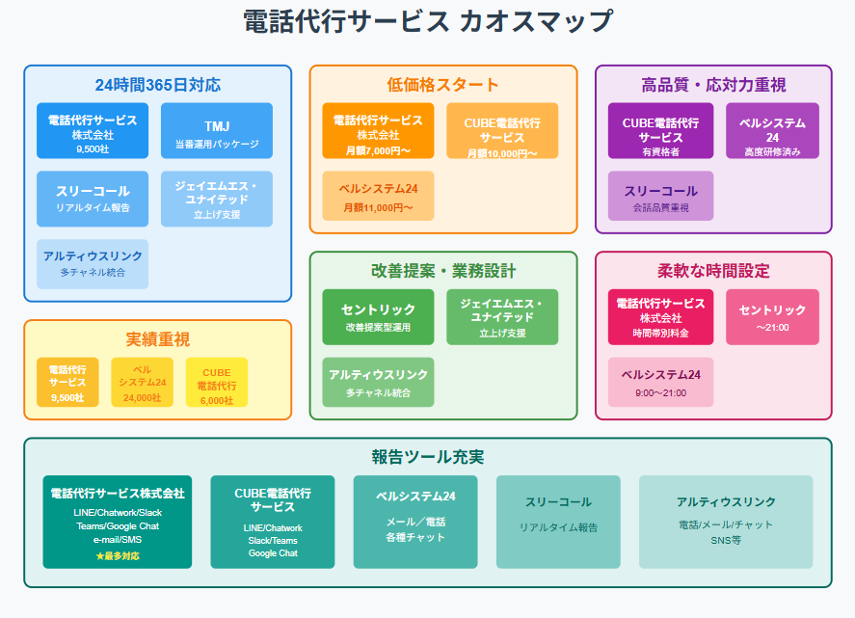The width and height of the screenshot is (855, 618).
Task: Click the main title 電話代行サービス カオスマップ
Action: [427, 21]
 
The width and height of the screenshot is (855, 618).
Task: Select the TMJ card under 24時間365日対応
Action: [217, 131]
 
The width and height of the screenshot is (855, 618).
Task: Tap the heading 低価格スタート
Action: [443, 85]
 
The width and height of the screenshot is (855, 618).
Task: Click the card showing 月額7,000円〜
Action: [378, 131]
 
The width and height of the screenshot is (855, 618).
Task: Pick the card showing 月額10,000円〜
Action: [502, 131]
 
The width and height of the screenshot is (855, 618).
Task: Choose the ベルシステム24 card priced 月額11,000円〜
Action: [378, 197]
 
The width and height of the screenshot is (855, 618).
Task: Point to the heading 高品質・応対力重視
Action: [713, 85]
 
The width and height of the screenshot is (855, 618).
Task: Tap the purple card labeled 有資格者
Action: [661, 131]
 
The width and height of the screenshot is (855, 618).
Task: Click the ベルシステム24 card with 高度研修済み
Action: [772, 131]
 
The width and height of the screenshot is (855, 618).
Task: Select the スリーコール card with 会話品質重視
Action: [661, 197]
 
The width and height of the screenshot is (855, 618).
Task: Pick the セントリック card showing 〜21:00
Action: [772, 317]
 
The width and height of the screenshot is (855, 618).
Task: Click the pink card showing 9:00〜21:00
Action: [661, 382]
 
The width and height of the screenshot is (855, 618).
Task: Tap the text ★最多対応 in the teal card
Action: [118, 556]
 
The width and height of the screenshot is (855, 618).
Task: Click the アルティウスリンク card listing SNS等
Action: [726, 522]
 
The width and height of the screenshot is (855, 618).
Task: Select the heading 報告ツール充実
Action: [427, 457]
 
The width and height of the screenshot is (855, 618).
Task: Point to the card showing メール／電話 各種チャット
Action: [415, 522]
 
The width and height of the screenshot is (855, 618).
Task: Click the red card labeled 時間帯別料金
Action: [661, 317]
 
